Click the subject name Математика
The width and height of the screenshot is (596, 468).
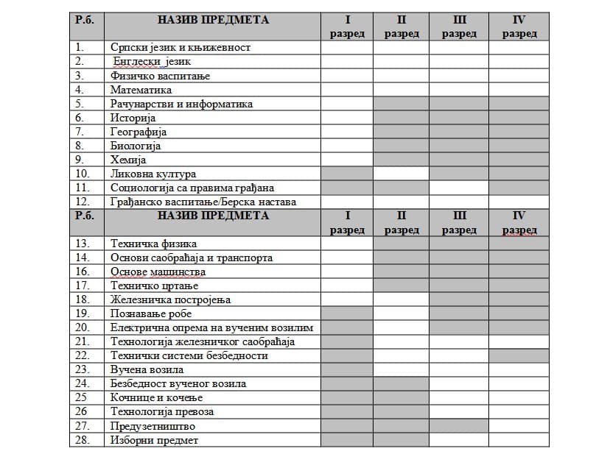141,90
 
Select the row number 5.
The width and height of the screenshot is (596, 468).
80,104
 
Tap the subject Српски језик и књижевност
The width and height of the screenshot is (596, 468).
180,48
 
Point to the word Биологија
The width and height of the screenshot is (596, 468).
136,146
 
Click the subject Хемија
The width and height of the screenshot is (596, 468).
128,160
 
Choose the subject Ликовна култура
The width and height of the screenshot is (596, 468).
153,174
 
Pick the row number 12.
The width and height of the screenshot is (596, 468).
83,202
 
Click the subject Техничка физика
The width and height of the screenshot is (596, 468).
153,244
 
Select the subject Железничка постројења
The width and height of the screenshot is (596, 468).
170,299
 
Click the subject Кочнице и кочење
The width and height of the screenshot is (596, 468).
156,397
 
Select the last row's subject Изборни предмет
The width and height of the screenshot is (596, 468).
154,440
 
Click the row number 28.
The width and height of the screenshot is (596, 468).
83,440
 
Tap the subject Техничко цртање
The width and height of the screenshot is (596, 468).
154,286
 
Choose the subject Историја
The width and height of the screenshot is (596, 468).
133,118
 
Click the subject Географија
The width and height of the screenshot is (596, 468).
139,132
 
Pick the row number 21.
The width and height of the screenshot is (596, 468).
83,341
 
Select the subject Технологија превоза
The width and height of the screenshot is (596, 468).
162,411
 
